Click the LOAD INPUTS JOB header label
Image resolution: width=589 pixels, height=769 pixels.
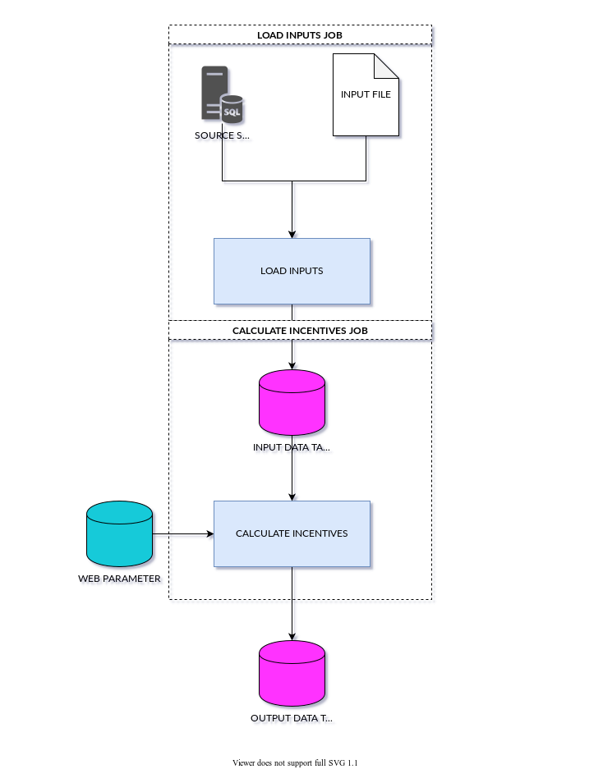tap(299, 35)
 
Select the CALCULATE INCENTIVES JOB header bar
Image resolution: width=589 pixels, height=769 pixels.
tap(300, 330)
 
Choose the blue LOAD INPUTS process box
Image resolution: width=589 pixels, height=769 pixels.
tap(292, 272)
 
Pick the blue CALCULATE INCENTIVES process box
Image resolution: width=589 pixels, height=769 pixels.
tap(292, 534)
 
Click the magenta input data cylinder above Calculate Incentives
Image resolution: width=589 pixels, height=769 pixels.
tap(292, 402)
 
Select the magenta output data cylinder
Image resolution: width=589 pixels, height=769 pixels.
tap(292, 674)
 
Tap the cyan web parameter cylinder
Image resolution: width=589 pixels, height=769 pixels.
tap(120, 534)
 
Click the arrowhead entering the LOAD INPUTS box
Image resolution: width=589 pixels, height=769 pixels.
tap(294, 234)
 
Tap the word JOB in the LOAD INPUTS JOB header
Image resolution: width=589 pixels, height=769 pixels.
tap(333, 35)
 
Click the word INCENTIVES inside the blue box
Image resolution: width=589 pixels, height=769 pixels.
tap(317, 533)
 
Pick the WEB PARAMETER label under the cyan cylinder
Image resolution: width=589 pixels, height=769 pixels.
tap(122, 580)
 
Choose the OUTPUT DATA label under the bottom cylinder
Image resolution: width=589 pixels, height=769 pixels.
tap(292, 720)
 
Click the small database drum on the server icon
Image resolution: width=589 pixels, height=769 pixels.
tap(233, 109)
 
